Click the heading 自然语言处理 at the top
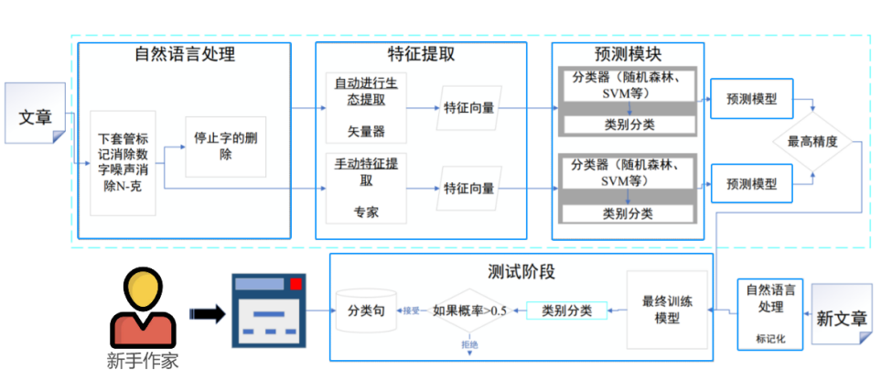point(185,54)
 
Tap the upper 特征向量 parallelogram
point(468,108)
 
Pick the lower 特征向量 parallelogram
point(468,189)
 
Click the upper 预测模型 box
point(751,100)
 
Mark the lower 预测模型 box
point(751,183)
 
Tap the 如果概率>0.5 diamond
point(469,311)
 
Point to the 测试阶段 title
point(521,272)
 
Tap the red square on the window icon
point(296,284)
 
